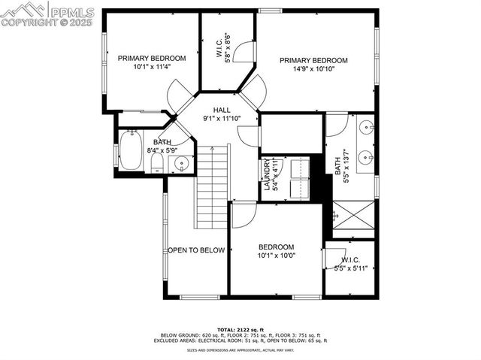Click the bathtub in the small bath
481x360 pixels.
pos(131,150)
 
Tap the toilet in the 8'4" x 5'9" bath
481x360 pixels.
pos(157,165)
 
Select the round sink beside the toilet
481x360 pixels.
pos(180,164)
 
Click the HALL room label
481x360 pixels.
pos(221,110)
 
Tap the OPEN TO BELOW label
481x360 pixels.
pos(196,250)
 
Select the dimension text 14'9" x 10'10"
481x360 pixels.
pos(314,69)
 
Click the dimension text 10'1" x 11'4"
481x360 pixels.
pos(152,66)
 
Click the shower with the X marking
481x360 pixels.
pos(352,218)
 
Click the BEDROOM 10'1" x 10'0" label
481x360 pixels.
pos(276,251)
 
